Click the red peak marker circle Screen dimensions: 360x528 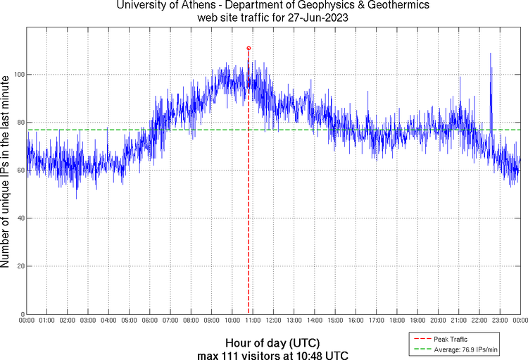click(x=249, y=48)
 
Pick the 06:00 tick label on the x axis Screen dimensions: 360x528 click(x=149, y=321)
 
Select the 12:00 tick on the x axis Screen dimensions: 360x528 click(x=272, y=321)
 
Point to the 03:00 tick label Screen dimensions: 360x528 click(x=88, y=321)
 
